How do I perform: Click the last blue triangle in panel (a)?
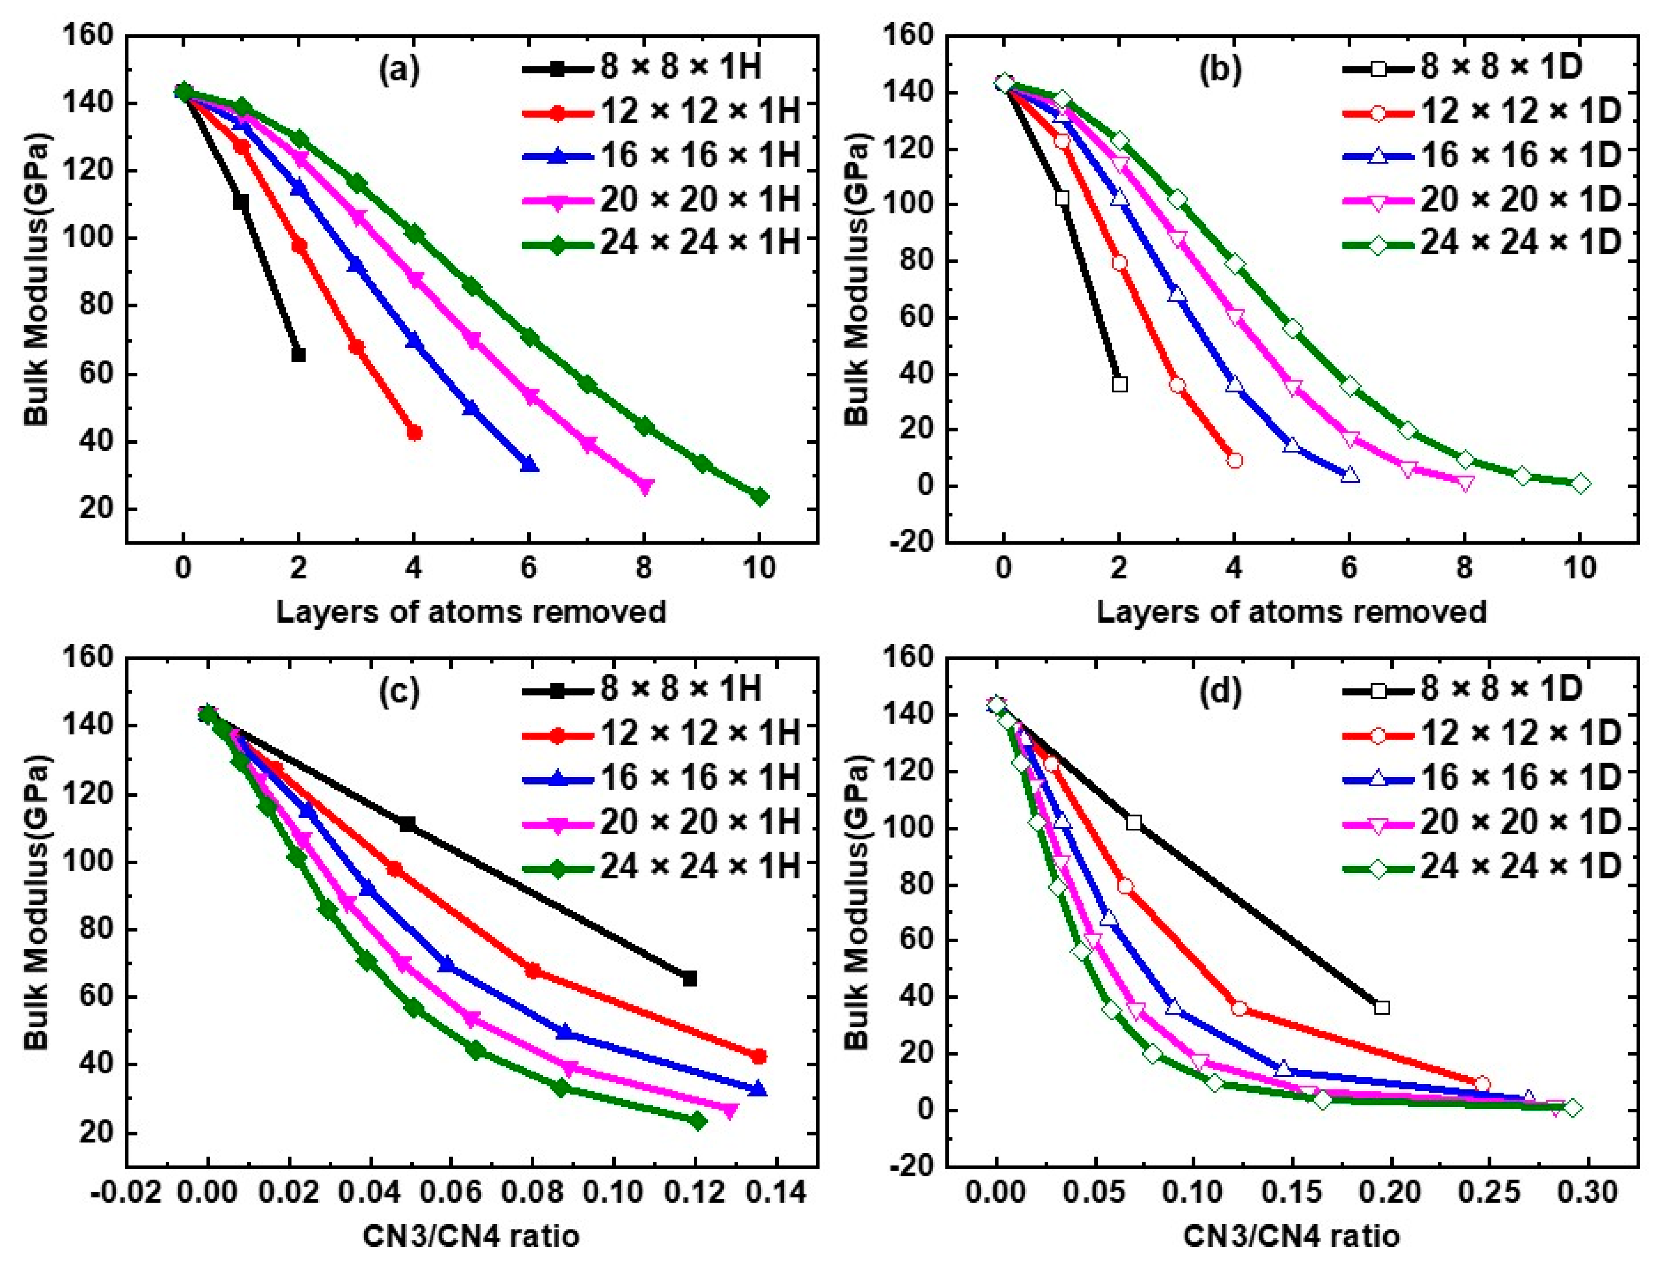529,465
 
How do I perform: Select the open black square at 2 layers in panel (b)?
1120,384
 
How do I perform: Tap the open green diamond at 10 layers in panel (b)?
1580,483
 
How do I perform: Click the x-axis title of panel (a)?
471,611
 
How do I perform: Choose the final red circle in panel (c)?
759,1056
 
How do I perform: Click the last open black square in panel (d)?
1382,1008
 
